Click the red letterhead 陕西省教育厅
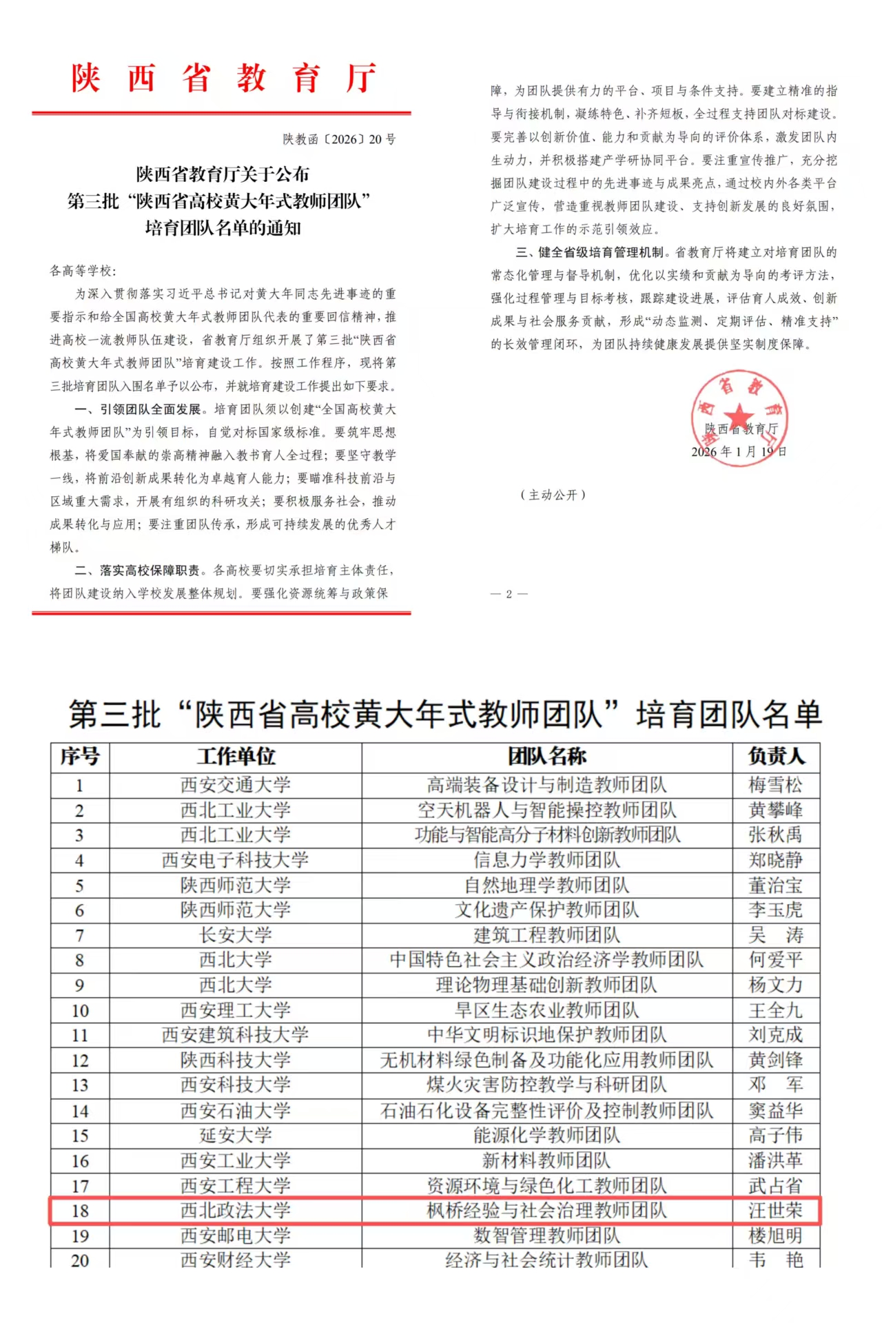point(223,78)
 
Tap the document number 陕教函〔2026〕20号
point(339,139)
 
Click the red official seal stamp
point(739,418)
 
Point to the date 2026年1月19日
point(739,452)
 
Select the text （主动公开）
point(553,495)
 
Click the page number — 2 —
point(509,594)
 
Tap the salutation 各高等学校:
point(83,271)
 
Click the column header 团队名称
point(547,756)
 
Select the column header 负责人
point(776,756)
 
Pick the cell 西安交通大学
point(236,785)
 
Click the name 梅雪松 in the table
point(776,785)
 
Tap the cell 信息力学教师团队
point(547,860)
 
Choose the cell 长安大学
point(236,935)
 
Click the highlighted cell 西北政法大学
point(236,1211)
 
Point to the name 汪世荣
point(776,1211)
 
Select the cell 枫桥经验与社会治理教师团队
point(547,1211)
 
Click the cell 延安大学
point(236,1136)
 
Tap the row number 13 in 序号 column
point(80,1085)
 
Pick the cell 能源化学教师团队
point(547,1136)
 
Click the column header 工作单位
point(236,756)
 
